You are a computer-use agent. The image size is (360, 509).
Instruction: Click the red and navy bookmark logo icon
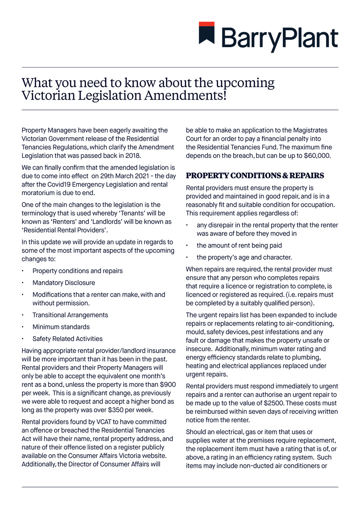click(207, 33)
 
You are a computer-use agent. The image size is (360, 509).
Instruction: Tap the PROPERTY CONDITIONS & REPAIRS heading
click(255, 176)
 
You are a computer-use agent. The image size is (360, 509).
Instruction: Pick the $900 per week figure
click(168, 384)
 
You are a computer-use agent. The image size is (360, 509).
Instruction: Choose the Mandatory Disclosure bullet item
click(64, 283)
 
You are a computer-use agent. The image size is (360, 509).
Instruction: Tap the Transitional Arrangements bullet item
click(70, 315)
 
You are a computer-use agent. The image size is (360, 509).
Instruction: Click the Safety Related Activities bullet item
click(67, 339)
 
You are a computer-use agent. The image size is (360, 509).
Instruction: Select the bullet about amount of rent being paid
click(239, 245)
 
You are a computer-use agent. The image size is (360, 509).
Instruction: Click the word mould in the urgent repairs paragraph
click(195, 332)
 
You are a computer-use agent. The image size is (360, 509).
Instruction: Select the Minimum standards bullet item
click(61, 327)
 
